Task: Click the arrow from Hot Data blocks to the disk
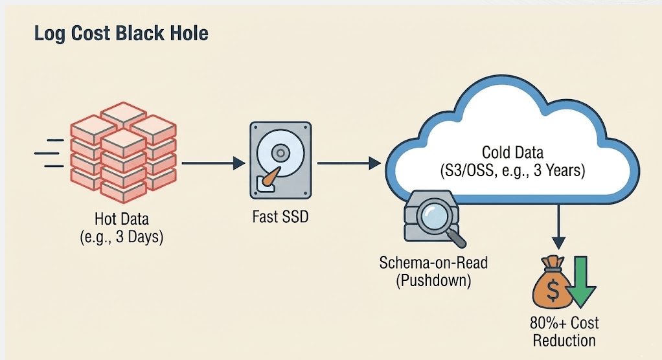pyautogui.click(x=211, y=163)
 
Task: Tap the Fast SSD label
pyautogui.click(x=279, y=216)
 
